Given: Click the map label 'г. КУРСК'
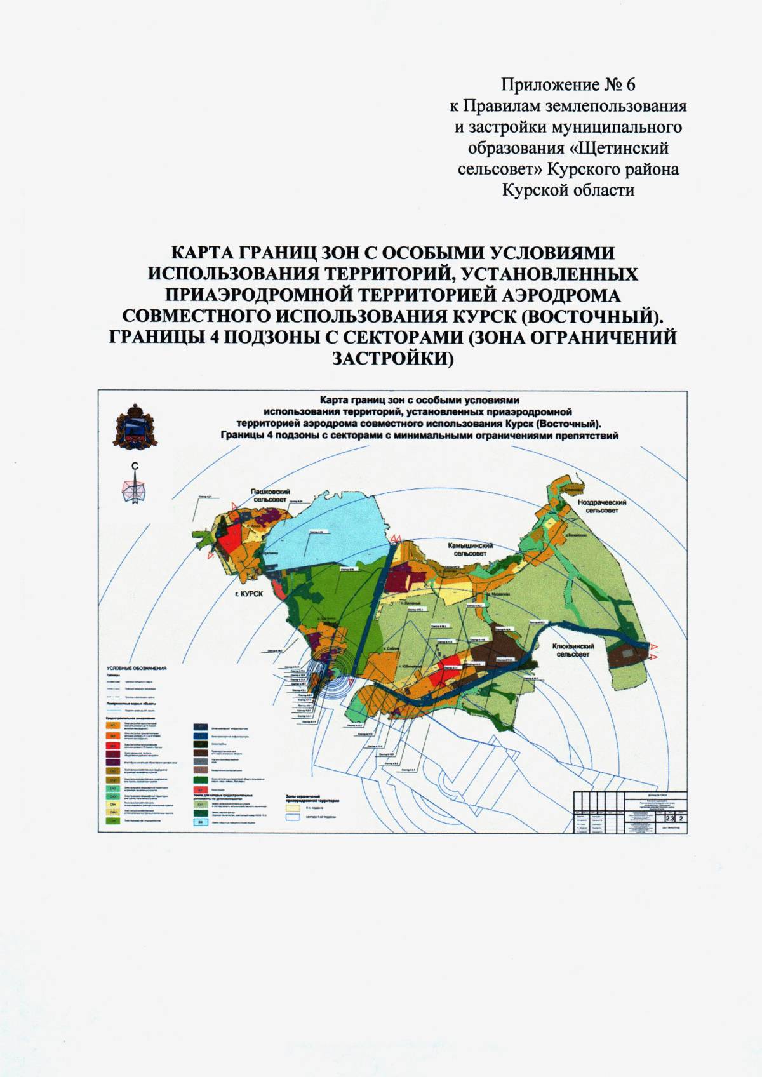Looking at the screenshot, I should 248,593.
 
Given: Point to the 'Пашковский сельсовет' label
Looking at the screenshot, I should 271,495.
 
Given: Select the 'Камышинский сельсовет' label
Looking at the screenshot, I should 471,549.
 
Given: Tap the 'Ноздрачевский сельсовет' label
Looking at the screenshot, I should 602,506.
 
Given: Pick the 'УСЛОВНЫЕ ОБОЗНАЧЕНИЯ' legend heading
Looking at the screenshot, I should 137,668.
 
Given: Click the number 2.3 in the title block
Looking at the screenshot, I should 670,827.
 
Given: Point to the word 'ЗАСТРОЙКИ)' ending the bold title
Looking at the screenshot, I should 393,358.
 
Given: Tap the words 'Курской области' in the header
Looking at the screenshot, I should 568,190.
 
